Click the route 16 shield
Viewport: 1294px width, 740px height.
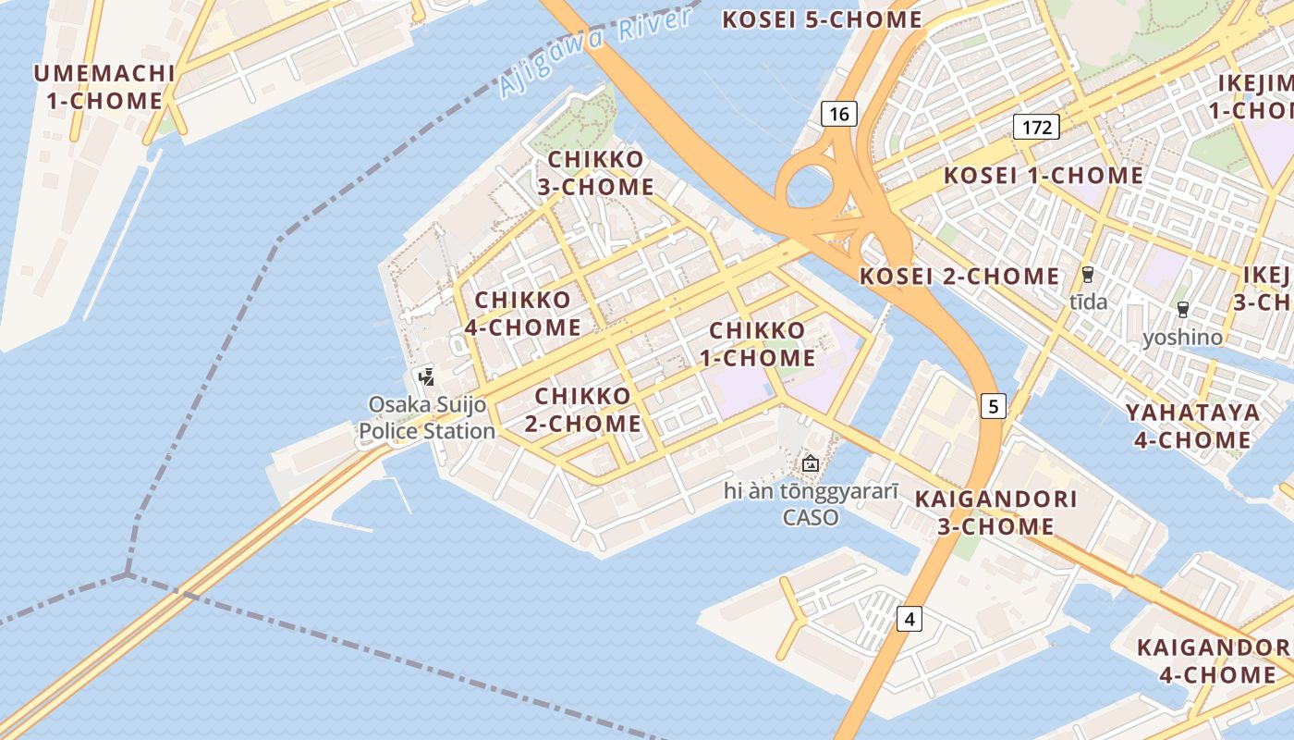838,114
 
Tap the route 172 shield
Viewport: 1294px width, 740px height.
1036,127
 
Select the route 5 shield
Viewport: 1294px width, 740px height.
993,405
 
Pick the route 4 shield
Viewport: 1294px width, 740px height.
909,619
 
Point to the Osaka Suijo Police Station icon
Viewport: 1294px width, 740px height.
426,376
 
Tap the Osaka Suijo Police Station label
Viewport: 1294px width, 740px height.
427,418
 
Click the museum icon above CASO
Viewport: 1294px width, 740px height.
811,463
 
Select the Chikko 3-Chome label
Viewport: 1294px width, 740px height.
596,173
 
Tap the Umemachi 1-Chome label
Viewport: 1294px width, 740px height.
104,87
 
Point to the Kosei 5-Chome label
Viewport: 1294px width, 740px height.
822,19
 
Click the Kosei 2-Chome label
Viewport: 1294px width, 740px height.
959,276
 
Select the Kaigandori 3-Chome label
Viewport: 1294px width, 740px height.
995,512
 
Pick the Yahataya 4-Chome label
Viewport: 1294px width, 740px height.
1192,425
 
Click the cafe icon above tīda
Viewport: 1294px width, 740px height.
1088,274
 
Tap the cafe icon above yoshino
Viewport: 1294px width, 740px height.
1182,310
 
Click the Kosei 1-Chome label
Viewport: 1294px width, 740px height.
1043,176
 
